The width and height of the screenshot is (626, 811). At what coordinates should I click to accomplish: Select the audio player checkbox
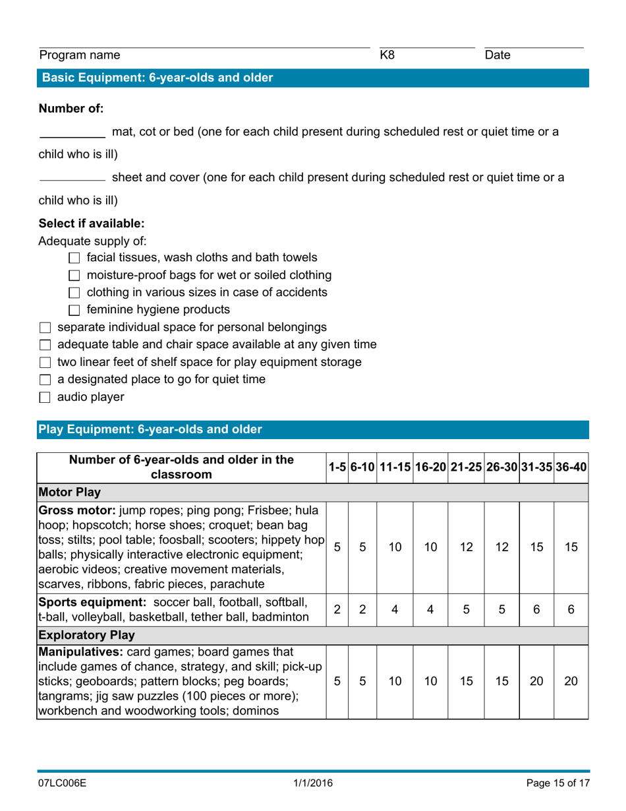(45, 398)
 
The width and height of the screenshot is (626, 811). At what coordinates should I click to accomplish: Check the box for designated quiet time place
(45, 380)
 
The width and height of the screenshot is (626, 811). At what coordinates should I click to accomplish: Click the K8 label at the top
(387, 56)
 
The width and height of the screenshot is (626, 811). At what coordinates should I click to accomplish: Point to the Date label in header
(498, 56)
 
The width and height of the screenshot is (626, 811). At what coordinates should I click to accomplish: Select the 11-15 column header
(394, 467)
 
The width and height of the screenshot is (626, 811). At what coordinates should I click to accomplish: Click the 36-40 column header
(571, 467)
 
